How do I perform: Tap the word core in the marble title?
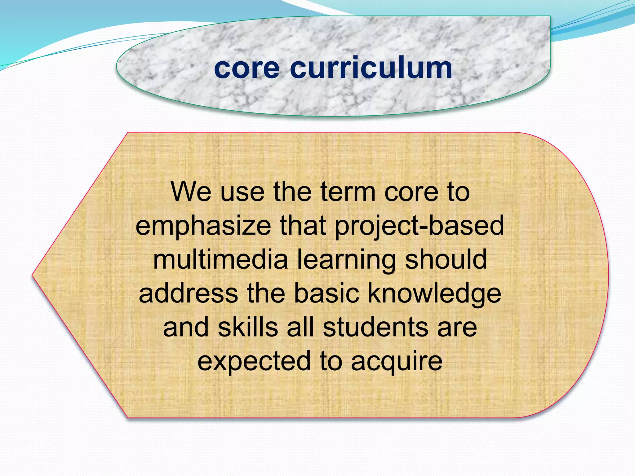tap(246, 68)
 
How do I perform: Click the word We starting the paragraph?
tap(191, 192)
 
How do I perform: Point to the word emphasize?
tap(203, 226)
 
